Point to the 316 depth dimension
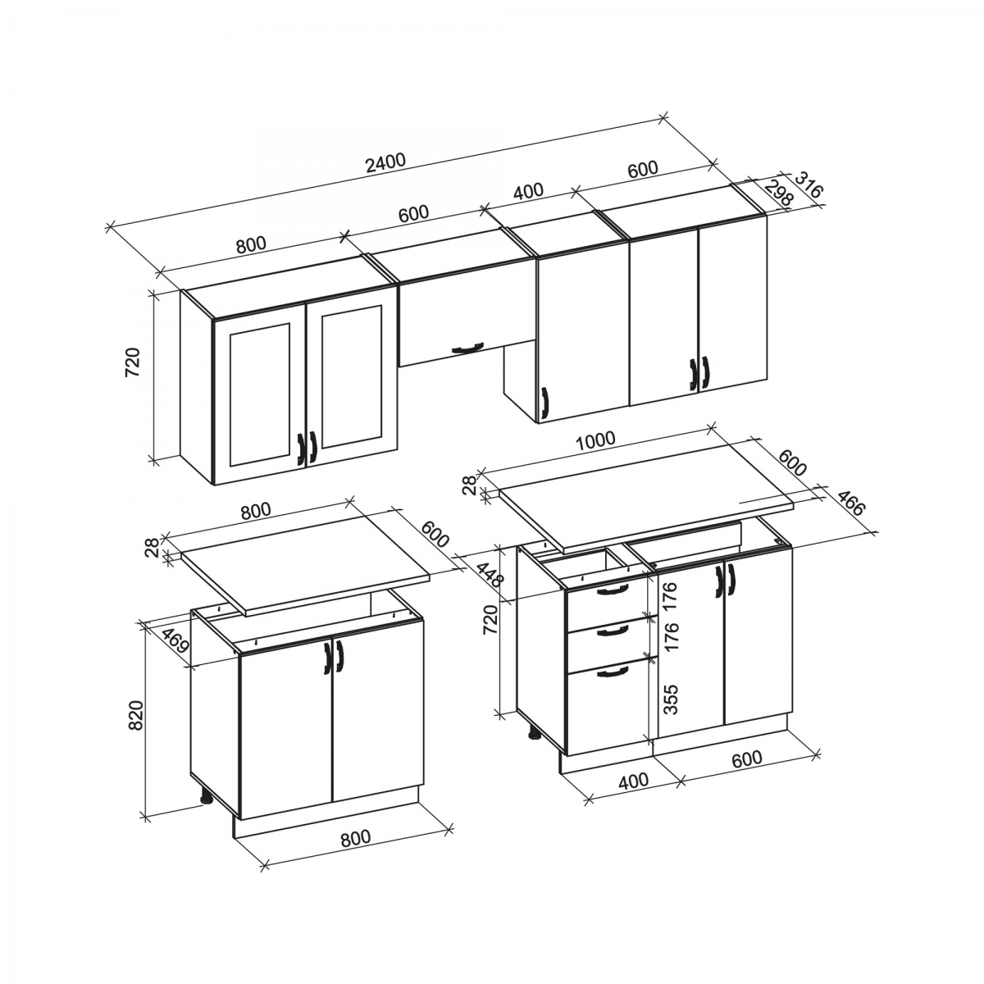(809, 184)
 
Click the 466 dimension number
(849, 503)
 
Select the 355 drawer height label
(672, 699)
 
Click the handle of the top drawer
(610, 590)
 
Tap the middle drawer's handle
(613, 631)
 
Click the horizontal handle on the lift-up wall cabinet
(467, 348)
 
